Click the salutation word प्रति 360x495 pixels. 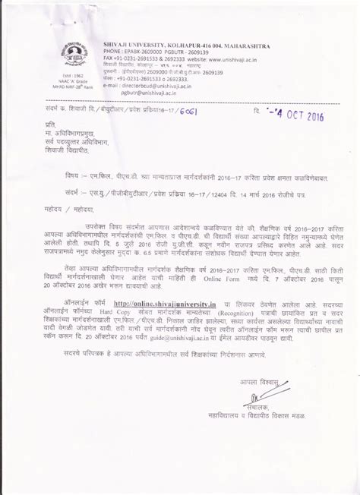click(49, 124)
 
